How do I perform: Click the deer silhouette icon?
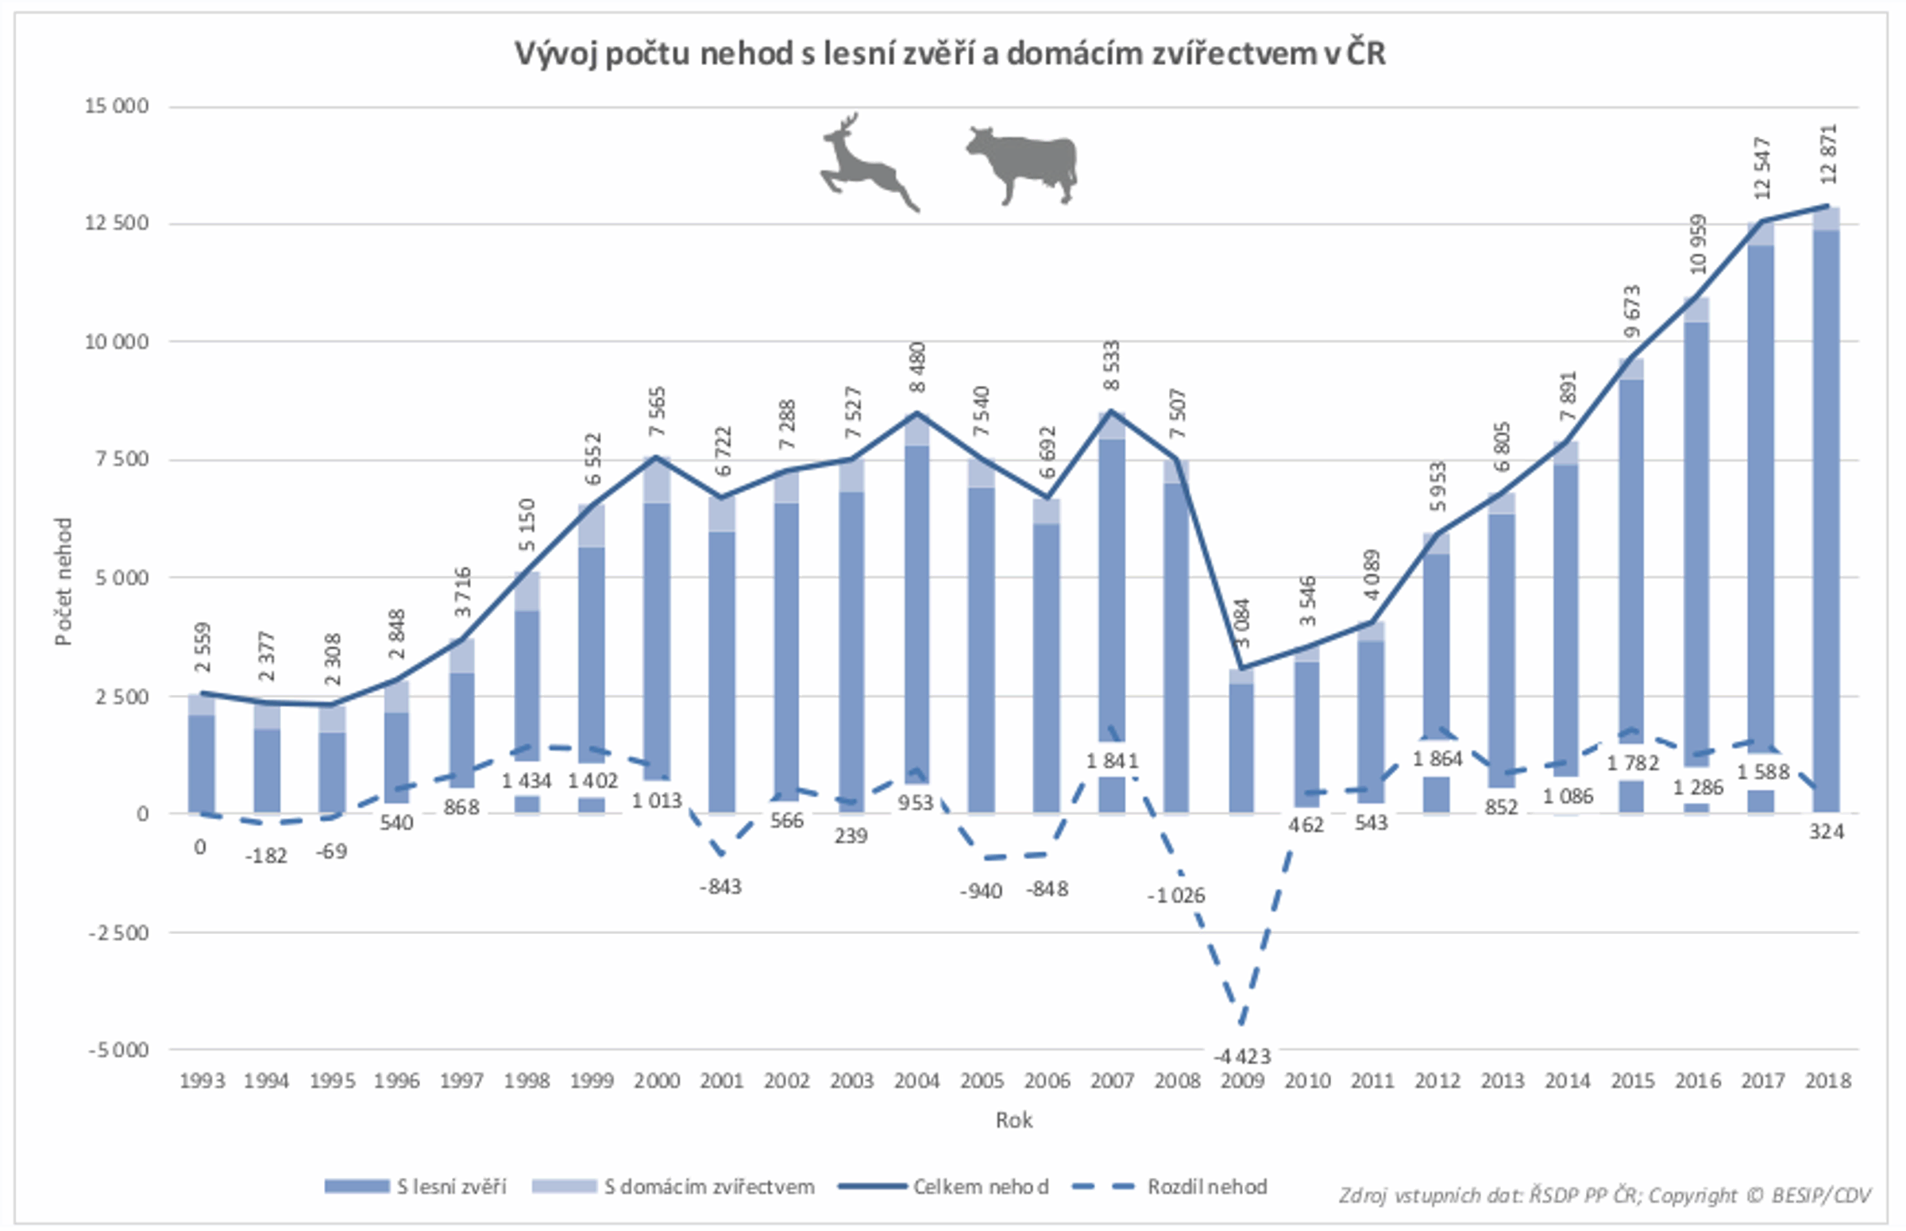pyautogui.click(x=868, y=164)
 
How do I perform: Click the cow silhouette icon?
pyautogui.click(x=1023, y=164)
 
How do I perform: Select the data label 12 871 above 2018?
pyautogui.click(x=1828, y=154)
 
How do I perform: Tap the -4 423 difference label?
pyautogui.click(x=1242, y=1056)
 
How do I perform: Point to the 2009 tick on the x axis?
pyautogui.click(x=1242, y=1081)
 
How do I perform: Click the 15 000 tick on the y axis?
pyautogui.click(x=117, y=106)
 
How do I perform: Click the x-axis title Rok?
pyautogui.click(x=1013, y=1120)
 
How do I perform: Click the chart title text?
pyautogui.click(x=949, y=54)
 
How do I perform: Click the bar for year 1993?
pyautogui.click(x=202, y=759)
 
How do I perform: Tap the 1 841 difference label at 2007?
pyautogui.click(x=1112, y=761)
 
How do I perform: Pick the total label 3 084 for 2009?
pyautogui.click(x=1242, y=624)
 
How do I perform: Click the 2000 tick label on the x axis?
pyautogui.click(x=657, y=1081)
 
